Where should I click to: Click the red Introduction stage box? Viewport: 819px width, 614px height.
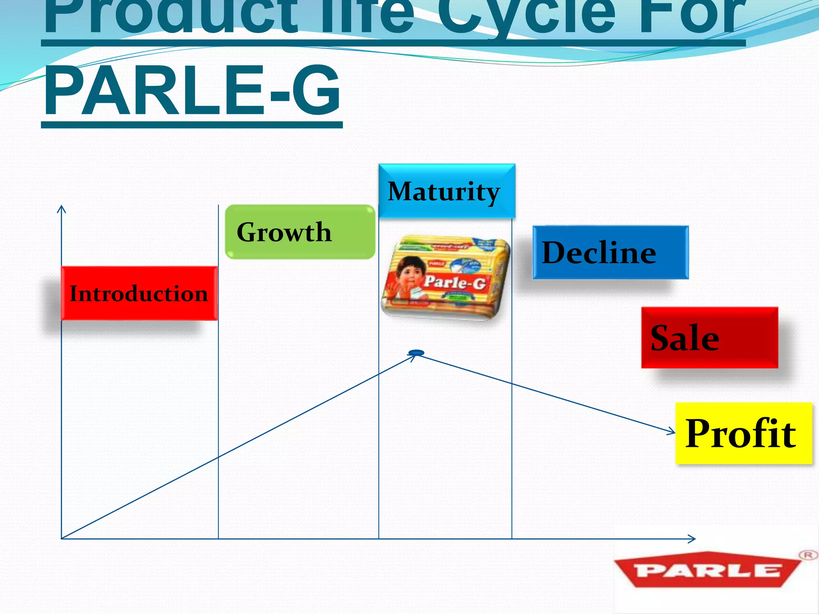[139, 293]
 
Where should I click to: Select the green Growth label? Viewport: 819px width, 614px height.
[300, 232]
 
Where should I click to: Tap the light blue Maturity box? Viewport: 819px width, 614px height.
[447, 191]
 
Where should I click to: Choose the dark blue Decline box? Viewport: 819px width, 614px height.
[610, 252]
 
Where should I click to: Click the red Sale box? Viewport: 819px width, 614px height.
[709, 338]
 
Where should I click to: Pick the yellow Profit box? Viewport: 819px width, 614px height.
[743, 433]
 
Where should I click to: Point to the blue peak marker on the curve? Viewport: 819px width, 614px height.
[416, 353]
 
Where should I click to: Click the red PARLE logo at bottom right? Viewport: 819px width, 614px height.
[708, 570]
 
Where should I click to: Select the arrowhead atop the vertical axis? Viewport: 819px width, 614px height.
[61, 208]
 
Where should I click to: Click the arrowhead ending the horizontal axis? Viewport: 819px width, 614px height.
[692, 539]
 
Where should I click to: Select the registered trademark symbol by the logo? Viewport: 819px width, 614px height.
[808, 555]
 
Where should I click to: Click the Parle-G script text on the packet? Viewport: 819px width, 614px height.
[455, 283]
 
